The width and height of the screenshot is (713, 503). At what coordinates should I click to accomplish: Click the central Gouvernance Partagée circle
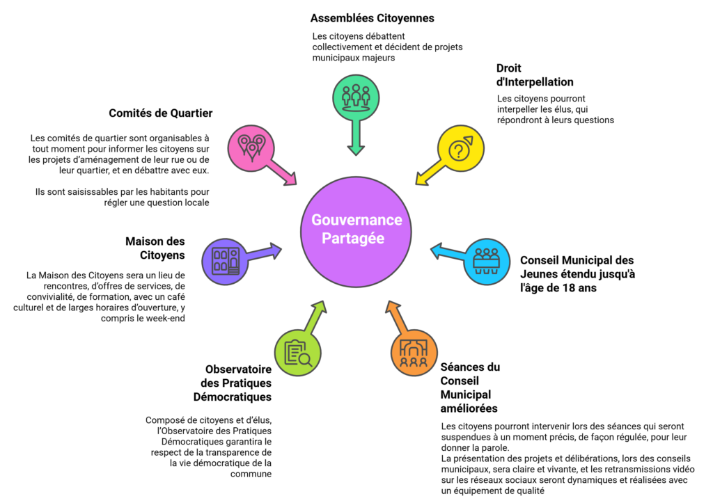point(356,229)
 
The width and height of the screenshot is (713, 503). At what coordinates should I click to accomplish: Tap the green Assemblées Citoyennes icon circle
point(356,96)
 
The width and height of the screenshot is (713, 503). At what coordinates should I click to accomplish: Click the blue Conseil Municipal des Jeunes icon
point(486,261)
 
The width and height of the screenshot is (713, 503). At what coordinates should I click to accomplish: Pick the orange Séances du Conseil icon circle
point(414,352)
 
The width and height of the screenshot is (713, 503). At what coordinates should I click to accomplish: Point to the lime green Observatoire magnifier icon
point(298,350)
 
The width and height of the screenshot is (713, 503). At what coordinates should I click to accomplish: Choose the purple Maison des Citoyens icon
point(225,261)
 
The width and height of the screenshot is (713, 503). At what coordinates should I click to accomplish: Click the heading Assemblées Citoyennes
point(372,18)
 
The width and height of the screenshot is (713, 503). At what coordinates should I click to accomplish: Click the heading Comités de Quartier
point(161,113)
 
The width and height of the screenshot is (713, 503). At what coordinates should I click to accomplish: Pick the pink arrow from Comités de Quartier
point(285,175)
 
